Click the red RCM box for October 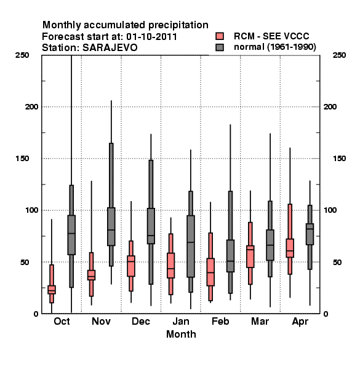tap(52, 290)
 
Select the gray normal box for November tap(111, 226)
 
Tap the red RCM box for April tap(290, 248)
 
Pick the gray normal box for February tap(230, 256)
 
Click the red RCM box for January tap(170, 266)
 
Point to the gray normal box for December tap(151, 226)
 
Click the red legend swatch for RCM tap(220, 36)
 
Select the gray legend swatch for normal tap(220, 47)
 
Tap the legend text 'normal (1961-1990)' tap(274, 47)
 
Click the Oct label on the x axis tap(62, 322)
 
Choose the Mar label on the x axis tap(260, 322)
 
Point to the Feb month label tap(220, 322)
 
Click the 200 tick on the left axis tap(31, 107)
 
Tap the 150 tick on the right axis tap(339, 159)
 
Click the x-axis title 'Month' tap(181, 335)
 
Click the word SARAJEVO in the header tap(110, 48)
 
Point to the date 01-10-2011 tap(151, 37)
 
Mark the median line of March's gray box tap(270, 245)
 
